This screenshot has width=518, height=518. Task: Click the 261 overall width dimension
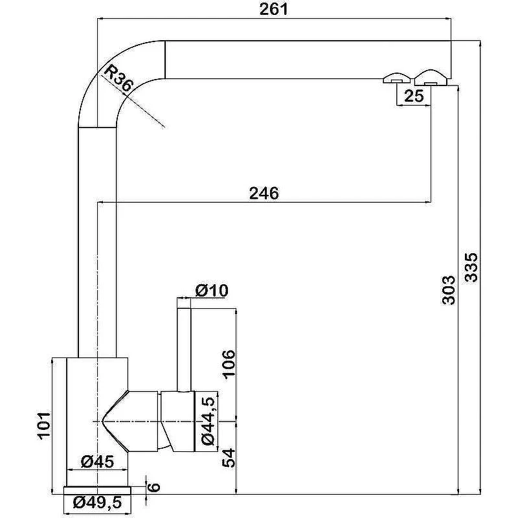pyautogui.click(x=273, y=9)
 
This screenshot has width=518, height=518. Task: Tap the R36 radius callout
pyautogui.click(x=117, y=78)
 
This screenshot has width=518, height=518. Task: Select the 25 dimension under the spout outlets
pyautogui.click(x=414, y=96)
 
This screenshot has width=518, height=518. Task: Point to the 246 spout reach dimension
pyautogui.click(x=264, y=193)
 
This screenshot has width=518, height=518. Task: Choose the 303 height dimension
pyautogui.click(x=449, y=290)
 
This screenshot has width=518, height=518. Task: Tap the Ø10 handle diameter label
pyautogui.click(x=212, y=291)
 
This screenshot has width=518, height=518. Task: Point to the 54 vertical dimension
pyautogui.click(x=229, y=458)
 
